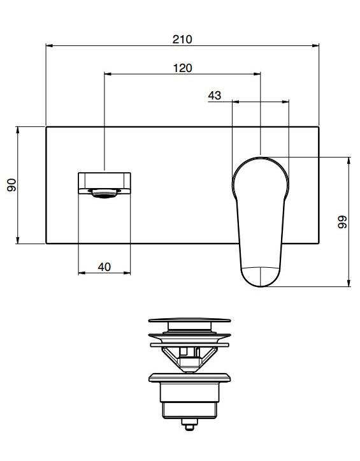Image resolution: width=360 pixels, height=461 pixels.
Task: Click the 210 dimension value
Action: pos(182,39)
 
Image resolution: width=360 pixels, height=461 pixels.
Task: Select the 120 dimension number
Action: pos(182,68)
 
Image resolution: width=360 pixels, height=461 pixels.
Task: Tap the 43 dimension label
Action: pos(215,95)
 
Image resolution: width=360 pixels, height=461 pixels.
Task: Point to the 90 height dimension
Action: pos(12,185)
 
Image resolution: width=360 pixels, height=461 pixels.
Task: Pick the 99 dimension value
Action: pos(342,222)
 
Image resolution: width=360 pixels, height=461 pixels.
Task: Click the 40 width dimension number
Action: pos(104,267)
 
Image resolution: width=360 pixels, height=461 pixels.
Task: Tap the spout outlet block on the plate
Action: pos(104,183)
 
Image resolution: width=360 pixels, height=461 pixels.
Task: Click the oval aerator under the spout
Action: pos(104,194)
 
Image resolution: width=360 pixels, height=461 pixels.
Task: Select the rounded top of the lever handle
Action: pos(261,158)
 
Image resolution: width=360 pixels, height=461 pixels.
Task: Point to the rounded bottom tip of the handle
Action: pos(261,286)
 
